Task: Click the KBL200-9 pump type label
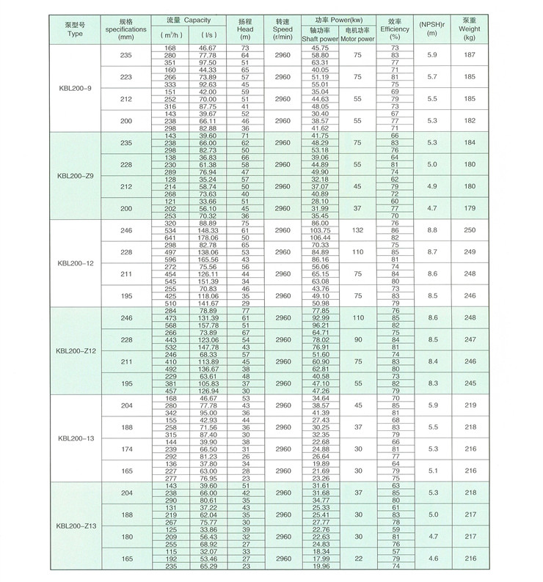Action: [75, 88]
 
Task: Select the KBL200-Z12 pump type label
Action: [75, 351]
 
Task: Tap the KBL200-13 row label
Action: [75, 439]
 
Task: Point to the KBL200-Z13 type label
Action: [75, 527]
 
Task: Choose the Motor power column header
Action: [357, 37]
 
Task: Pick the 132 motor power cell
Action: [357, 230]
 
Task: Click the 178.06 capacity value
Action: [209, 237]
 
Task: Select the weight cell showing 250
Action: [470, 230]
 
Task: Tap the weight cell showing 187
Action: [470, 55]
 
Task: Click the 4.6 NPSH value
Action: [432, 559]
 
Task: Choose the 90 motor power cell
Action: [357, 339]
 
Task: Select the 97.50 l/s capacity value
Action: [209, 62]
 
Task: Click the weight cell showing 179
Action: [470, 208]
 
